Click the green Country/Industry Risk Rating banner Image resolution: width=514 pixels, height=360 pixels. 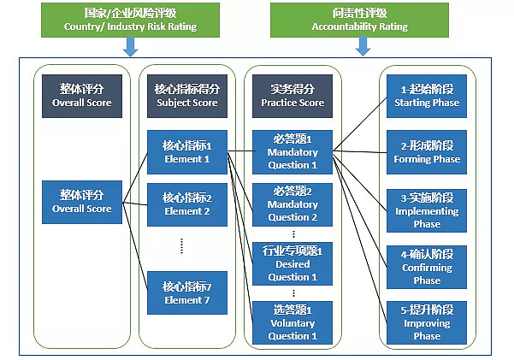pyautogui.click(x=130, y=20)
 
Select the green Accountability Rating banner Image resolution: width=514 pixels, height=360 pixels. pyautogui.click(x=359, y=20)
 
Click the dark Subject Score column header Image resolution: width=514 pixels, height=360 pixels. pyautogui.click(x=186, y=95)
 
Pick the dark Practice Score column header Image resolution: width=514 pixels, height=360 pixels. pyautogui.click(x=292, y=95)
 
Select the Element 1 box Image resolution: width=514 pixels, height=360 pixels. pyautogui.click(x=186, y=151)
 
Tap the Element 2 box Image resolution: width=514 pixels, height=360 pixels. pyautogui.click(x=186, y=204)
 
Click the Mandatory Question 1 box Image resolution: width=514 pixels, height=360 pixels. pyautogui.click(x=292, y=151)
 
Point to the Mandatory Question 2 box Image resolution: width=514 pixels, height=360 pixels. pyautogui.click(x=292, y=204)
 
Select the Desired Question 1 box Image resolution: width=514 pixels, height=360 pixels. pyautogui.click(x=292, y=263)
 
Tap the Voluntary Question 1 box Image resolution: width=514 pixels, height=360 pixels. pyautogui.click(x=292, y=322)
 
